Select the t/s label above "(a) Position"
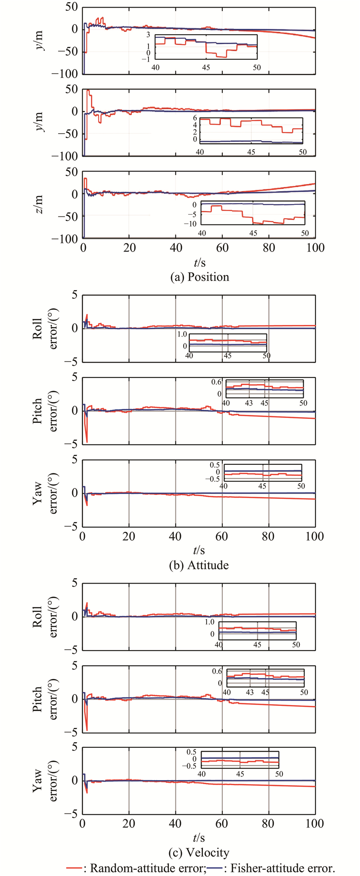point(198,261)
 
